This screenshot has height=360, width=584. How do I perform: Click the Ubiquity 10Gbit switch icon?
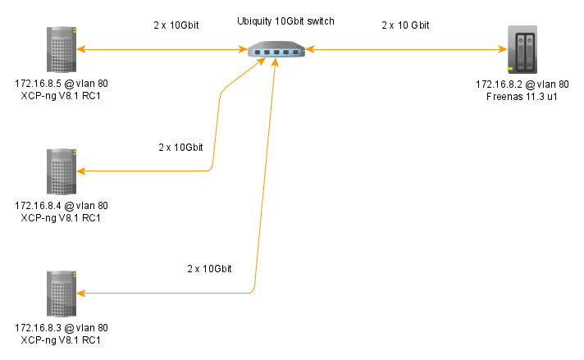pos(276,51)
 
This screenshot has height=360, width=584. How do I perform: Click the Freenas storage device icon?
pos(522,50)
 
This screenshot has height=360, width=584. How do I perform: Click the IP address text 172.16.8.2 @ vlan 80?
pos(522,84)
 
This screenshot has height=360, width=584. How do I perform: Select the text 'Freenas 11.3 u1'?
pos(522,96)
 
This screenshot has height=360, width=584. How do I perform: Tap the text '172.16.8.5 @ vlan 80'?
pos(62,84)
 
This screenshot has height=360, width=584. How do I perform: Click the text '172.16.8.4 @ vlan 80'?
pos(62,206)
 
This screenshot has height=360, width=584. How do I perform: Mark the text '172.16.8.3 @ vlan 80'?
pos(62,328)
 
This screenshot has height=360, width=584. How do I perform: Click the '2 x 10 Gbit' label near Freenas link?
pos(405,25)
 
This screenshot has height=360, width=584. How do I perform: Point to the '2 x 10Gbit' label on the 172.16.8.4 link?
pos(180,148)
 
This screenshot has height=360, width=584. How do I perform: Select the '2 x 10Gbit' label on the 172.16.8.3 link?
pos(209,269)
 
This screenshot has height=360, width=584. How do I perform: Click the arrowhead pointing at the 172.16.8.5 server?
pos(81,51)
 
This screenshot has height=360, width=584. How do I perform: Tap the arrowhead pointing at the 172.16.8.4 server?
pos(81,171)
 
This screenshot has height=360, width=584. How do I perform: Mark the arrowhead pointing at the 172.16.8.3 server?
pos(81,293)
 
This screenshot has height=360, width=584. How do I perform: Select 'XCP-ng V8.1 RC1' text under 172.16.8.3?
pos(62,339)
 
